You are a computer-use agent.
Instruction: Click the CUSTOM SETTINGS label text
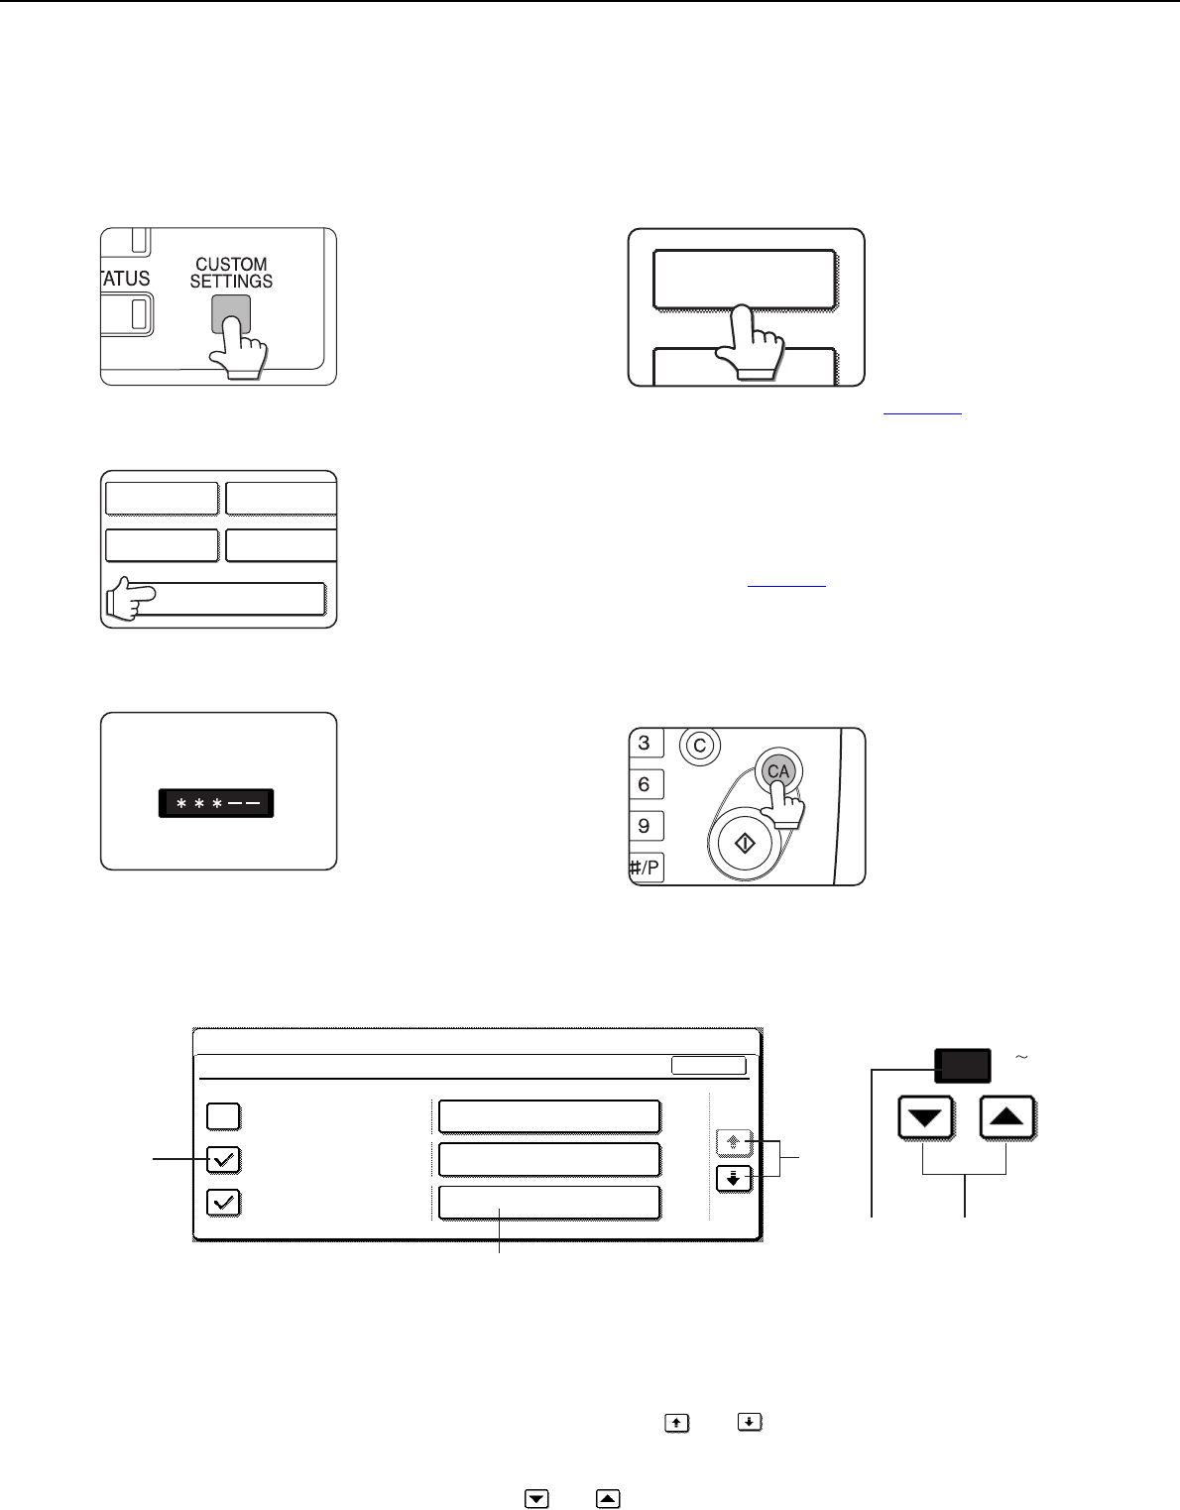[x=231, y=273]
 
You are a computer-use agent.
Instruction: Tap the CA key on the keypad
[x=778, y=771]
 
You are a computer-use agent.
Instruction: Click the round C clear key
[x=700, y=747]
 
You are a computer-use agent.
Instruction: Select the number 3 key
[x=646, y=743]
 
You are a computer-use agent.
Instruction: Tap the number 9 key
[x=646, y=826]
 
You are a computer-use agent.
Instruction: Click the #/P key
[x=646, y=868]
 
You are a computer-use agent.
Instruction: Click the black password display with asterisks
[x=216, y=803]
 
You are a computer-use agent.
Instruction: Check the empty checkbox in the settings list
[x=224, y=1116]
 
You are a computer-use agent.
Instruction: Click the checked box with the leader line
[x=224, y=1160]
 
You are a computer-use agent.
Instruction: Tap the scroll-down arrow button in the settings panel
[x=734, y=1179]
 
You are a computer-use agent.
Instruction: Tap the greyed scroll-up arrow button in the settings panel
[x=734, y=1142]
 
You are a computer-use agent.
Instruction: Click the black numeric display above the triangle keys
[x=963, y=1065]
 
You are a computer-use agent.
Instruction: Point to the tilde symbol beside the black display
[x=1021, y=1057]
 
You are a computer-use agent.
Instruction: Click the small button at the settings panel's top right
[x=709, y=1065]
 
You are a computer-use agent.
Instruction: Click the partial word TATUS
[x=126, y=279]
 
